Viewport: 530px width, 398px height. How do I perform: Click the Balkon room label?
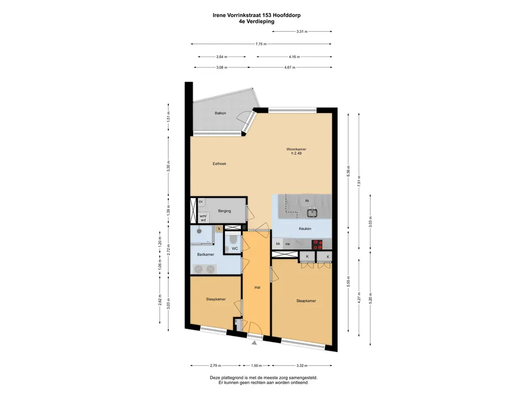[x=220, y=113]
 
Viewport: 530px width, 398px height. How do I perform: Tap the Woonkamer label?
[x=296, y=149]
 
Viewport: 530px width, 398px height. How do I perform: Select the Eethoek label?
[x=219, y=164]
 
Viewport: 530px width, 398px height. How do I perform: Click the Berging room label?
[x=225, y=211]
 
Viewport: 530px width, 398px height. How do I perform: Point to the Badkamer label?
[x=205, y=254]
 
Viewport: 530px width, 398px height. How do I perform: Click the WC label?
[x=235, y=248]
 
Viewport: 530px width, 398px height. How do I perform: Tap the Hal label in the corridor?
[x=257, y=288]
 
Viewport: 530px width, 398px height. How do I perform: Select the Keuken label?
[x=305, y=229]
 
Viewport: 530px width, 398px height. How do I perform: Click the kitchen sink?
[x=312, y=213]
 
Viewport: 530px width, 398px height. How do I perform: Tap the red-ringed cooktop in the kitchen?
[x=317, y=245]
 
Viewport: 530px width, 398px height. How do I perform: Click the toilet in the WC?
[x=233, y=239]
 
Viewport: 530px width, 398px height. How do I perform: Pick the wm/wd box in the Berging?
[x=203, y=218]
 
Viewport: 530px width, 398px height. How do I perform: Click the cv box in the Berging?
[x=200, y=202]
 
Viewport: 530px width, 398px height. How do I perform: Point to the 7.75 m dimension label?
[x=261, y=44]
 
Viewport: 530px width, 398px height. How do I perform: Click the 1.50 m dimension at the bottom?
[x=257, y=365]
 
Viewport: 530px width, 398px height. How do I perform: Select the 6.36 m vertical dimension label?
[x=348, y=172]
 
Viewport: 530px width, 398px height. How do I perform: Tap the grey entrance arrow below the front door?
[x=254, y=343]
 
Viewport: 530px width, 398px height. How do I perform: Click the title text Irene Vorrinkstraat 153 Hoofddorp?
[x=257, y=15]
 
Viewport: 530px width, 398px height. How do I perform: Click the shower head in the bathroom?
[x=199, y=232]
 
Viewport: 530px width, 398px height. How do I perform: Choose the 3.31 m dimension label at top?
[x=302, y=32]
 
